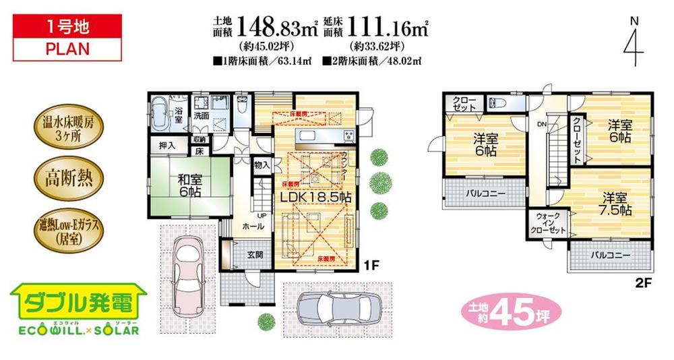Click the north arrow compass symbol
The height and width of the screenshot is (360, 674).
[632, 44]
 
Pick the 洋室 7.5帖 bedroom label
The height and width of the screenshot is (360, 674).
[615, 204]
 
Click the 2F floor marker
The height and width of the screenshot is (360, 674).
[644, 282]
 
